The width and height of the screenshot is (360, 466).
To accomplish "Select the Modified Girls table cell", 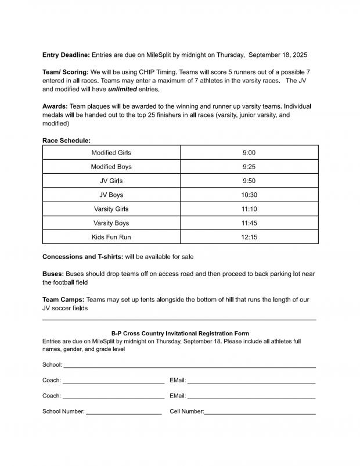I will click(111, 153).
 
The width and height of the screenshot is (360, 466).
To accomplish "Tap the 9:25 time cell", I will click(249, 167).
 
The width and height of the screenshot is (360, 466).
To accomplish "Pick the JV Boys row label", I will click(111, 195).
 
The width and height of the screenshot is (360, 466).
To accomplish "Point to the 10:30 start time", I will click(249, 195).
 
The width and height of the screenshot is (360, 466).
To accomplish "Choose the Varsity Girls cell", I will click(111, 209).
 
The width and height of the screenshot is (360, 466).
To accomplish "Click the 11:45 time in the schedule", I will click(249, 223).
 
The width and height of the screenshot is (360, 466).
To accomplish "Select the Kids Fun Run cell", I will click(111, 237).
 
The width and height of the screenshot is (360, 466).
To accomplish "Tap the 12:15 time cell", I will click(249, 237).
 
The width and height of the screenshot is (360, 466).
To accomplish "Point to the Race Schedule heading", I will click(66, 141).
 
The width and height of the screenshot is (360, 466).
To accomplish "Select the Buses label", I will click(53, 274).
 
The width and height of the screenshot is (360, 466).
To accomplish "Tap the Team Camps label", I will click(63, 300).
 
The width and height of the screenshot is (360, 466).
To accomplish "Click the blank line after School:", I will click(189, 366).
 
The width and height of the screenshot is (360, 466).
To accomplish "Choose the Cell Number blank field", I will click(260, 413).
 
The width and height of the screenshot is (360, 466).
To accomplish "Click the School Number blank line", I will click(123, 413).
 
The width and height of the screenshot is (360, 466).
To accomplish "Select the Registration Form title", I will click(180, 334).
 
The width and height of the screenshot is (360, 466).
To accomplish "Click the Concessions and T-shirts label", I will click(82, 257).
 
